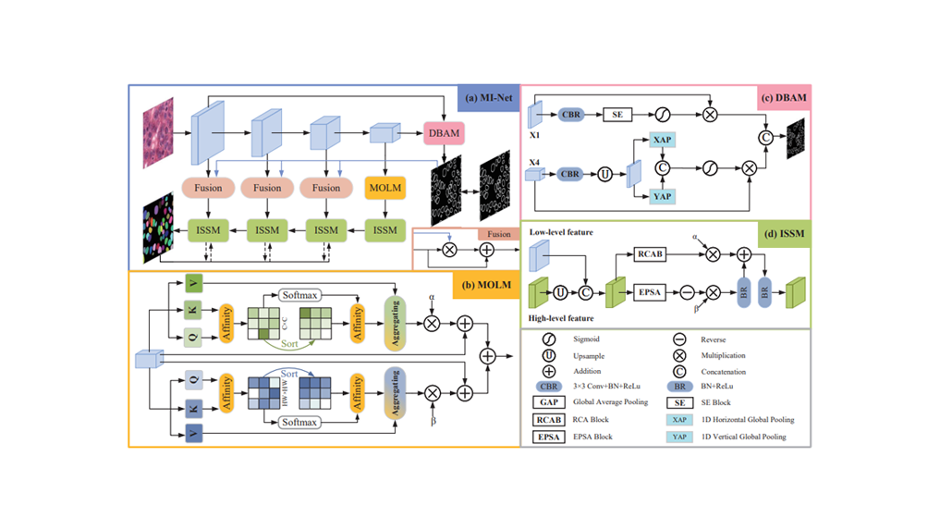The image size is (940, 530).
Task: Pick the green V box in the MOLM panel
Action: [192, 282]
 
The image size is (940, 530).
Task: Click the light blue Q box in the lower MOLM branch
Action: [192, 379]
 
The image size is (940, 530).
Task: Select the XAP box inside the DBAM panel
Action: [662, 140]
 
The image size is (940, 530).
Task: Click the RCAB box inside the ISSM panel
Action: [650, 253]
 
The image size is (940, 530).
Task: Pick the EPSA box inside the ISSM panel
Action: [650, 291]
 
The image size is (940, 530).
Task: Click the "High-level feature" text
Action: [561, 318]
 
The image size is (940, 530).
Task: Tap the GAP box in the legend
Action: [549, 402]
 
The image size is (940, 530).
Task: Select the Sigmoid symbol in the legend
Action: [549, 339]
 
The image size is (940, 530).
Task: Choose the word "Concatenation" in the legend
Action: [727, 372]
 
